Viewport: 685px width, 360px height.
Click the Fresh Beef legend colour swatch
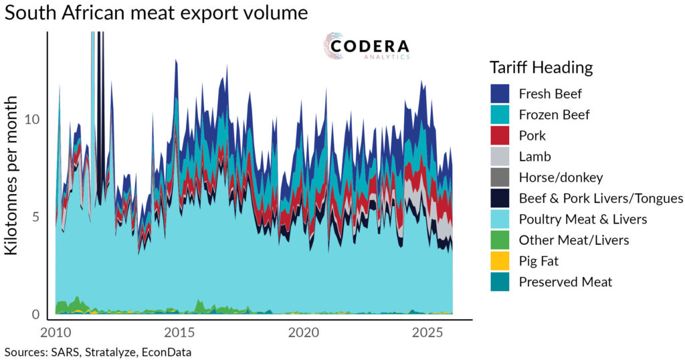[501, 94]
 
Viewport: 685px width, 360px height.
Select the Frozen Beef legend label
[554, 114]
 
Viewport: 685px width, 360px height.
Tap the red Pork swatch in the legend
[501, 136]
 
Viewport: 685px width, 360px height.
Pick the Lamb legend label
[534, 157]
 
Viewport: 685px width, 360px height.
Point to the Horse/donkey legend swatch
[501, 177]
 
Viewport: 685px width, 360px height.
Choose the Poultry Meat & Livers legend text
[583, 219]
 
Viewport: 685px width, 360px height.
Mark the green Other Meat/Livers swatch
[501, 240]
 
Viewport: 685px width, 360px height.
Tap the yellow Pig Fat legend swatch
[501, 261]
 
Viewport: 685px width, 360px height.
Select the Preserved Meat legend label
[565, 282]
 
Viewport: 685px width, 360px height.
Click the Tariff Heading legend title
[541, 67]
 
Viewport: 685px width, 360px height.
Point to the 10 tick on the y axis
[33, 119]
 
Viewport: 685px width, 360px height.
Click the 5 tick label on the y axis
[36, 217]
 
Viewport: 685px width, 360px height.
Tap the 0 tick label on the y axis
[36, 314]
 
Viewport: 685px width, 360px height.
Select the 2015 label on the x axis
[179, 333]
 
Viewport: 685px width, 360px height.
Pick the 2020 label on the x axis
[304, 333]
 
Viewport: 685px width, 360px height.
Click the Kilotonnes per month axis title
[13, 175]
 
